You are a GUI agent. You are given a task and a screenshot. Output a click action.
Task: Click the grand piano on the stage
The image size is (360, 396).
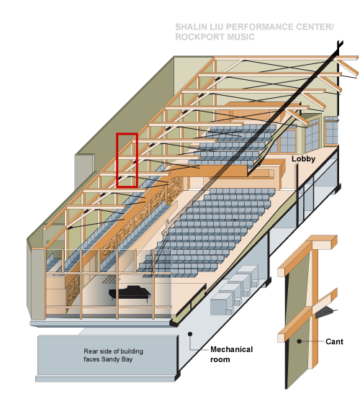(130, 293)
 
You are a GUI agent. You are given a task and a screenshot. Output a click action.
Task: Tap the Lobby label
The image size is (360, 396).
(303, 159)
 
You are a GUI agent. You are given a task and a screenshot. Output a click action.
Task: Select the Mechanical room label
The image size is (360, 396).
(231, 354)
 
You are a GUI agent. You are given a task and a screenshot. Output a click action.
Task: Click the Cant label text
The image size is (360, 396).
(334, 341)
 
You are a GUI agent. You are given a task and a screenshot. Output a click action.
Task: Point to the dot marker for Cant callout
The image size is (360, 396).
(299, 341)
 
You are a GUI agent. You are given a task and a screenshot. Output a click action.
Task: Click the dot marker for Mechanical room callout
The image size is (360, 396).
(190, 334)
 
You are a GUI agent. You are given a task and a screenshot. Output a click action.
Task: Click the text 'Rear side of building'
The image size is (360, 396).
(114, 351)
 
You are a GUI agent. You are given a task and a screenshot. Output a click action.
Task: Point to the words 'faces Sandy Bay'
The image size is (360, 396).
(108, 359)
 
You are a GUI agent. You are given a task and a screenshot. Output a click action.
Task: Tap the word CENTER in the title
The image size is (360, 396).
(315, 27)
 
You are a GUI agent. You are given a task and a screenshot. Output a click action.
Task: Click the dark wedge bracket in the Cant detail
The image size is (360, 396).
(324, 312)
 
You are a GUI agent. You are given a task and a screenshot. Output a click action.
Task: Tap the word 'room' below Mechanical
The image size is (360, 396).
(220, 359)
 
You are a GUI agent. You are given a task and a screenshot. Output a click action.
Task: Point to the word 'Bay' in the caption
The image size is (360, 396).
(127, 359)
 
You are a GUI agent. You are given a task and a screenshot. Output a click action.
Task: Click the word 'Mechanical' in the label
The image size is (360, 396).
(231, 349)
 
